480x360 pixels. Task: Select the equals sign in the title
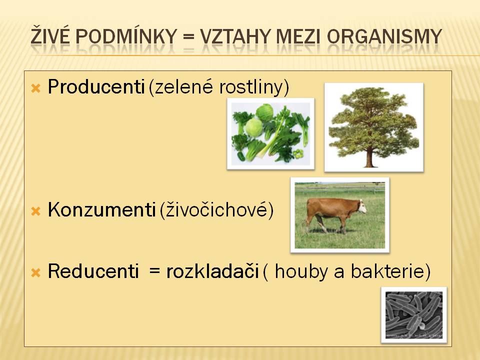(x=189, y=36)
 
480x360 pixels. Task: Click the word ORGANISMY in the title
(x=384, y=36)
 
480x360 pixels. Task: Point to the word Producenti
(x=96, y=86)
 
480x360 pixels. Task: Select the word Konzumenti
(x=101, y=210)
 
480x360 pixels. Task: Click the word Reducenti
(x=93, y=271)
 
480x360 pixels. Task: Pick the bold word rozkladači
(x=213, y=271)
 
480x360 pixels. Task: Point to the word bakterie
(x=387, y=271)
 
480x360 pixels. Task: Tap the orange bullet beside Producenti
(x=36, y=88)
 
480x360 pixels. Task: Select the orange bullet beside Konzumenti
(x=36, y=211)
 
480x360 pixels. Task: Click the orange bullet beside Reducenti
(x=36, y=272)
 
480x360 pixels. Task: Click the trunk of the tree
(x=370, y=156)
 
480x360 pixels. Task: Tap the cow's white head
(x=362, y=206)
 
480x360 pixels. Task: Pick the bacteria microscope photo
(x=414, y=314)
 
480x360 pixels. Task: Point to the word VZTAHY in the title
(x=235, y=36)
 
